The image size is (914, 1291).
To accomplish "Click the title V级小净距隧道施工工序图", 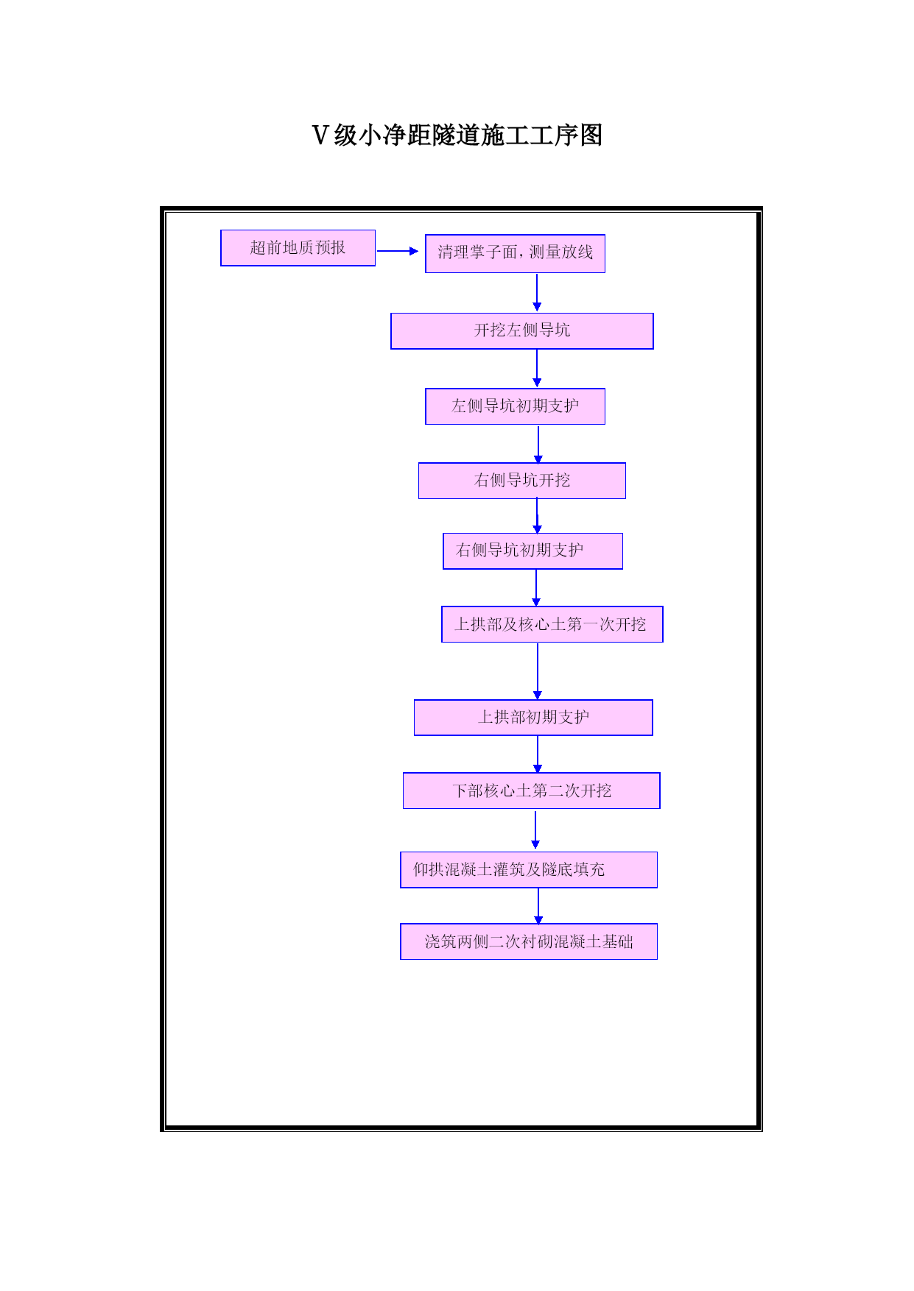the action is (x=457, y=135).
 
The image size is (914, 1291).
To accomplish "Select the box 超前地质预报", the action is (x=298, y=248).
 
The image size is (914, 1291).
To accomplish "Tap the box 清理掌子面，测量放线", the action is (x=515, y=253).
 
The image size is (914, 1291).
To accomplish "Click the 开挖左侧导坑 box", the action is (x=522, y=331).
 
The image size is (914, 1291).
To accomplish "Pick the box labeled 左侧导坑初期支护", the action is (x=515, y=406).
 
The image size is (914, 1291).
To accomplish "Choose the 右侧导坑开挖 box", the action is (x=522, y=481).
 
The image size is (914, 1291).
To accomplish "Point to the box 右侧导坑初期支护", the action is (x=532, y=551).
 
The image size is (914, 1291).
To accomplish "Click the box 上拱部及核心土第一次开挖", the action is (x=552, y=624).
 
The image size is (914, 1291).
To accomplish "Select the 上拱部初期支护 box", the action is (x=533, y=718).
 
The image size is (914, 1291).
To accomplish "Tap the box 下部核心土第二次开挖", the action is (x=532, y=790).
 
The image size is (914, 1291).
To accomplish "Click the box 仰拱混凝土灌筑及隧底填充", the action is (x=529, y=870).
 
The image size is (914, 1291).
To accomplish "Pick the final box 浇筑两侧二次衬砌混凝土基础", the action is (x=529, y=941).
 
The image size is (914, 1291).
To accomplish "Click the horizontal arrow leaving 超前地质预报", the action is (x=398, y=251).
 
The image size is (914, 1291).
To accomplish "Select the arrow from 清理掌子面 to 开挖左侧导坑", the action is (x=537, y=292).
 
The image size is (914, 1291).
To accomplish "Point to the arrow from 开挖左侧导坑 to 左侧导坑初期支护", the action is (x=537, y=368).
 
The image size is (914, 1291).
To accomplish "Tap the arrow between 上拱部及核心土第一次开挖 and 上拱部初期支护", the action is (x=538, y=671).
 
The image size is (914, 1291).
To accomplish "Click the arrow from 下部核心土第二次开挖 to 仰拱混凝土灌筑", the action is (x=535, y=830).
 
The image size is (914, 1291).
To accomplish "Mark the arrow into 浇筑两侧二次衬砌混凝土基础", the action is (x=538, y=906).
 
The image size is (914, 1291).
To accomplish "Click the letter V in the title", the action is (x=320, y=135).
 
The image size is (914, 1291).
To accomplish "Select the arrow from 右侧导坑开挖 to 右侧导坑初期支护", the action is (x=538, y=516).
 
